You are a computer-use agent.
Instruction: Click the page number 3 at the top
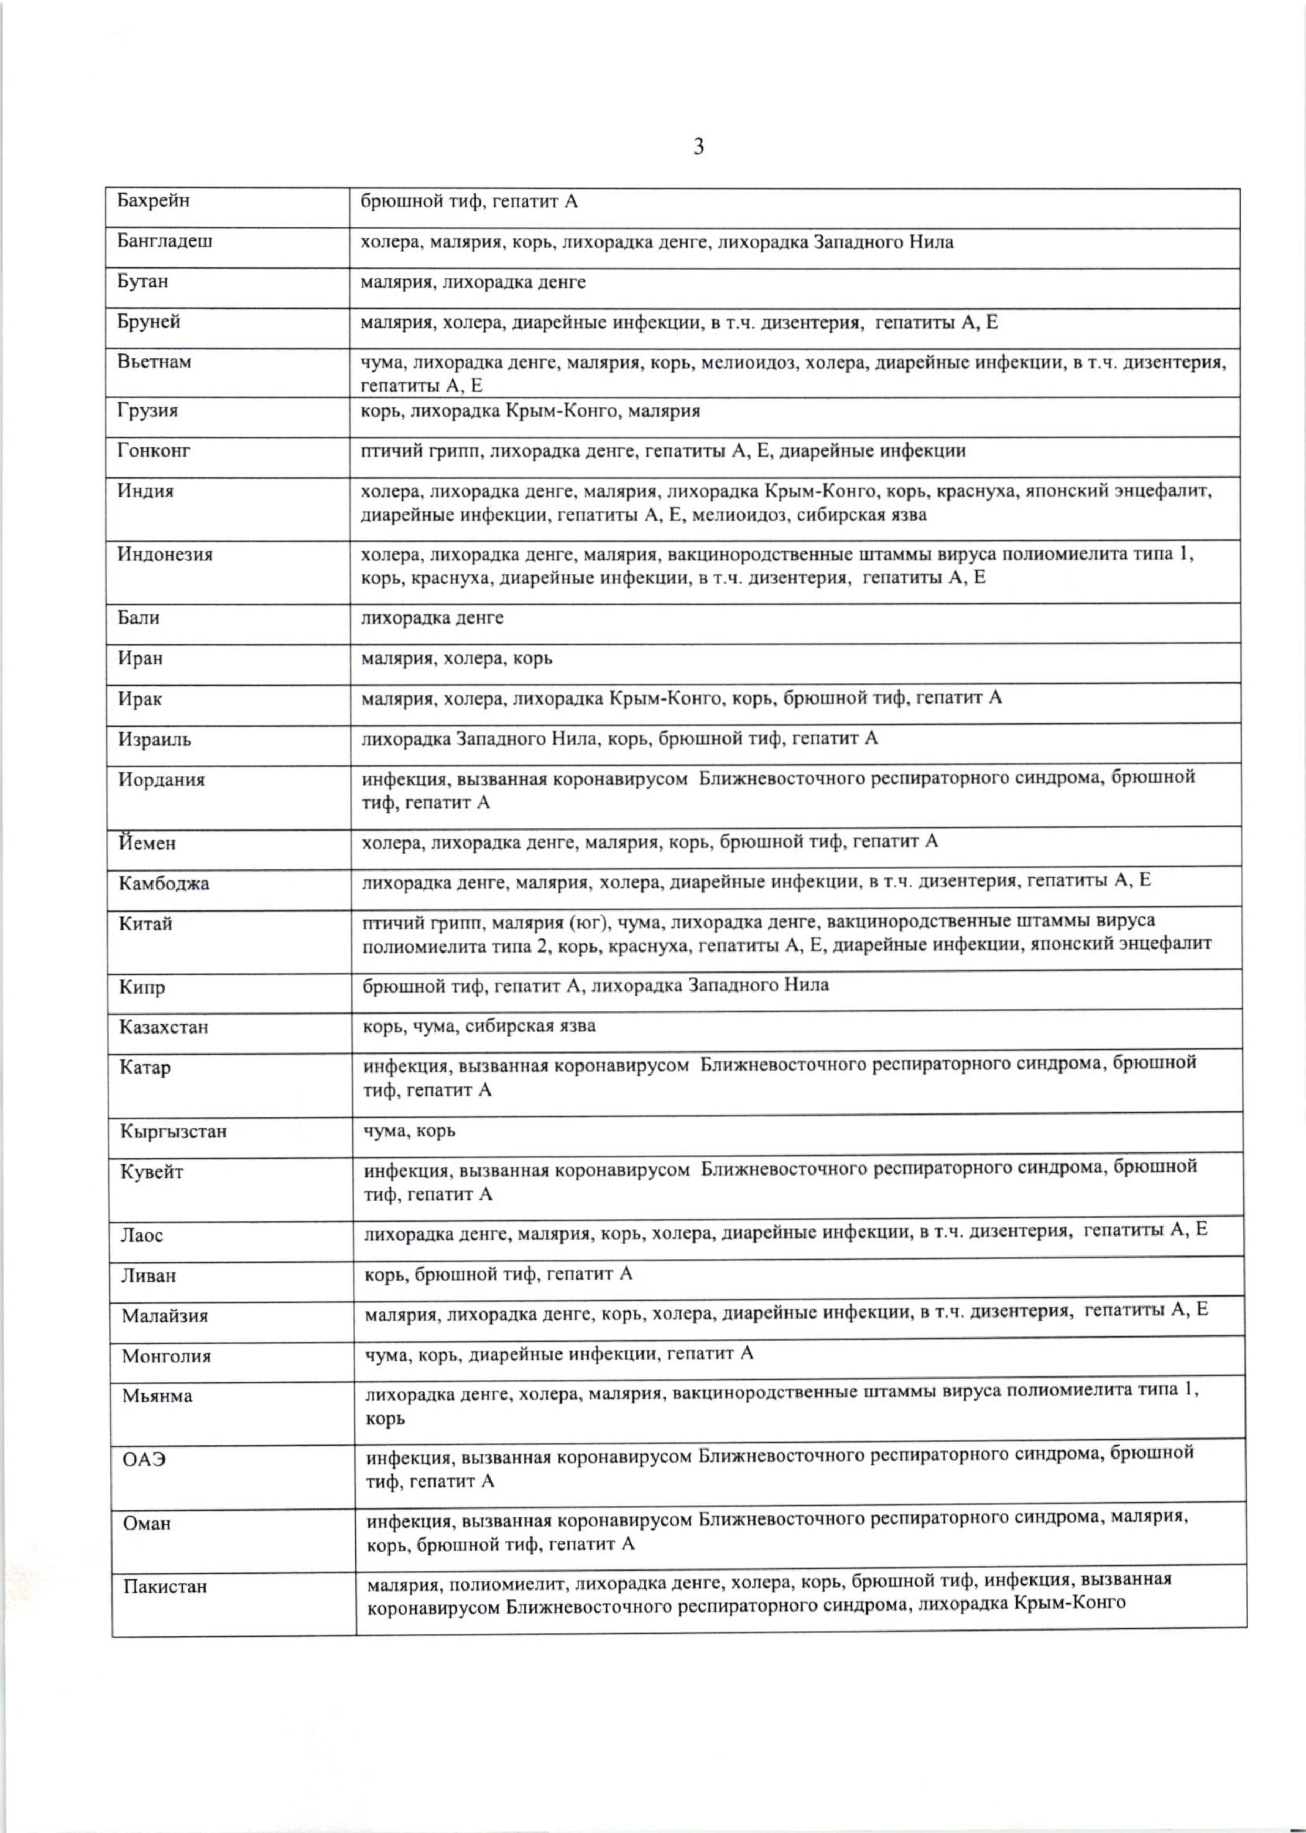point(698,147)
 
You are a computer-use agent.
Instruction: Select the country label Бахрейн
point(154,200)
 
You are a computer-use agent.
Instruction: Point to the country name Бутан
point(142,281)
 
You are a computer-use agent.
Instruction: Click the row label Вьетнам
point(155,362)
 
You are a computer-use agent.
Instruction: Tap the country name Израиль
point(155,739)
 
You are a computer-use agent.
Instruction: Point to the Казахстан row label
point(164,1026)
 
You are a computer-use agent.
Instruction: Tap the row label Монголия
point(167,1356)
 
